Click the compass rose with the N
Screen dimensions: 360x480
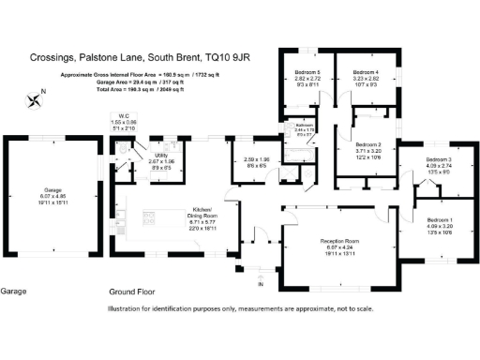click(x=36, y=97)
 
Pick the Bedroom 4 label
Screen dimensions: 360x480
click(x=366, y=71)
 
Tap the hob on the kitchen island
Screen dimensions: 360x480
click(x=148, y=221)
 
